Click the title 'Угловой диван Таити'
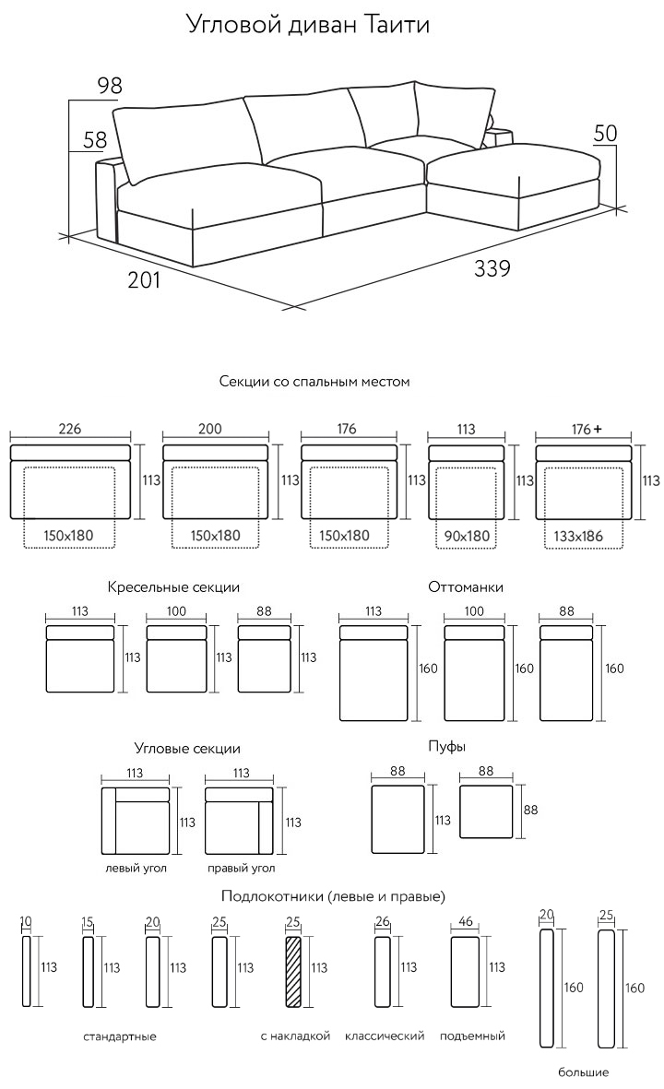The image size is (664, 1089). pos(308,25)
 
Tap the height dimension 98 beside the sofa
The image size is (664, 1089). pos(109,87)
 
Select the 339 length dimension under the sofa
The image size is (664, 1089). pos(492,269)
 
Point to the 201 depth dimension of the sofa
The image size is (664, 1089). pos(144,279)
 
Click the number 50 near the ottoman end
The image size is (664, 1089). pos(604,133)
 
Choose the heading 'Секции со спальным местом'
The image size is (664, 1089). pos(314,381)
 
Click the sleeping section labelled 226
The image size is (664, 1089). pos(70,481)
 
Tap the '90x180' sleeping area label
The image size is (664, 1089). pos(465,535)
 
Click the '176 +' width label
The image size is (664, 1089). pos(586,430)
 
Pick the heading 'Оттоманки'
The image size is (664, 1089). pos(466,586)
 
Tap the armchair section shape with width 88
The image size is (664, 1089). pos(265,659)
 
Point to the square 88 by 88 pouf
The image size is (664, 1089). pos(485,811)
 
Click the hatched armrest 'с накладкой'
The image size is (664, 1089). pos(294,972)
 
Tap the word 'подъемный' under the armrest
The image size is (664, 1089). pos(472,1036)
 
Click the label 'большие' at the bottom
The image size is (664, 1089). pos(583,1072)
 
